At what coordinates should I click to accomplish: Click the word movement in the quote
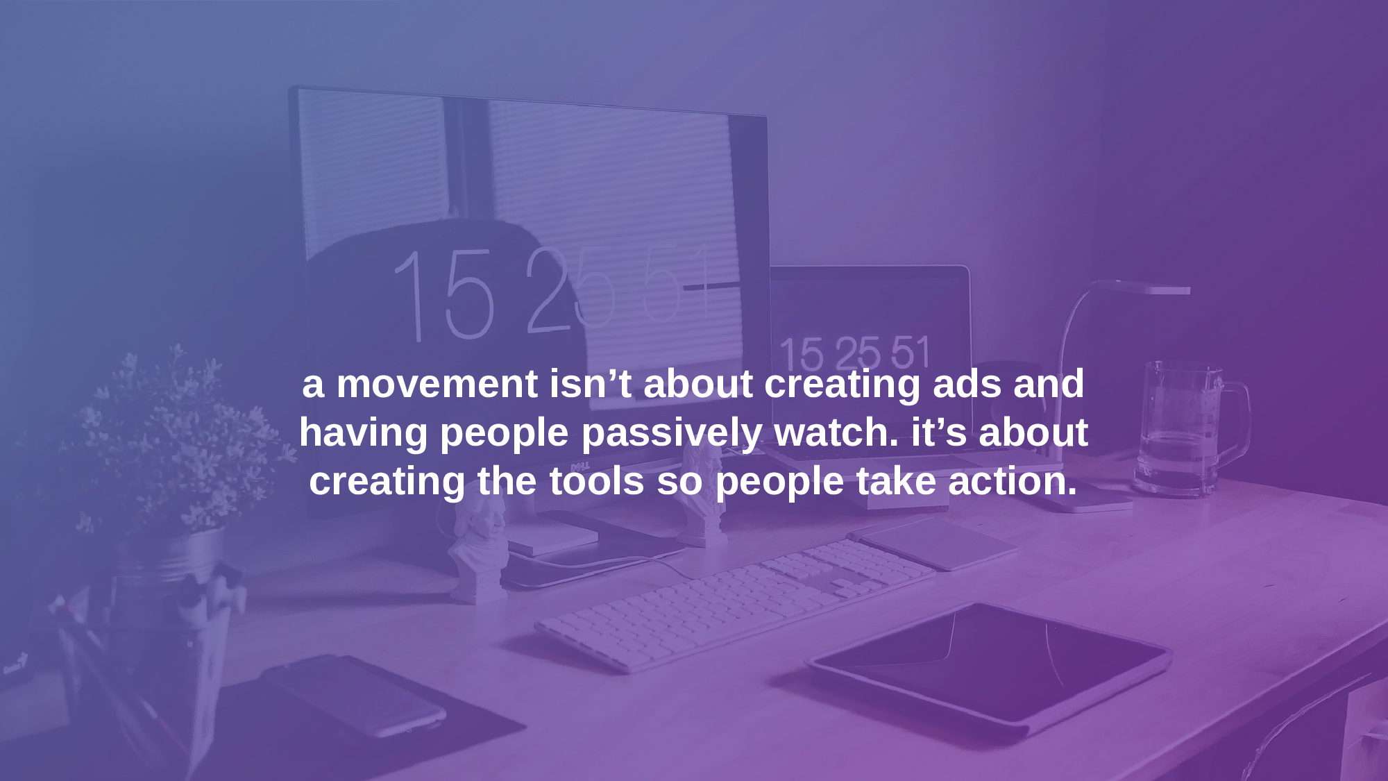tap(437, 384)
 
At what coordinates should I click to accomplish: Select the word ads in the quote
tap(967, 384)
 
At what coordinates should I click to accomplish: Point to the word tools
tap(596, 481)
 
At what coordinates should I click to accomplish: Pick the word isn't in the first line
tap(590, 384)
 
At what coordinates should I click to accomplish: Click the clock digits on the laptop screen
tap(854, 353)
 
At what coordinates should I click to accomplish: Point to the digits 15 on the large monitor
tap(444, 296)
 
